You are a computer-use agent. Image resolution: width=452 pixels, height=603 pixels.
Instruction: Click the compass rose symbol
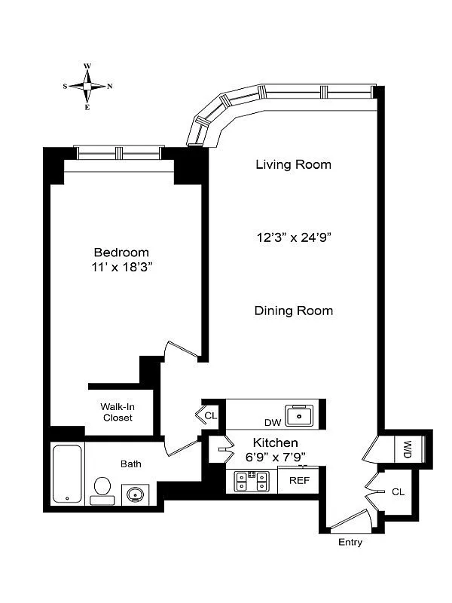coord(87,86)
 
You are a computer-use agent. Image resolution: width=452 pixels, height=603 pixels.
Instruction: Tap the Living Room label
coord(293,164)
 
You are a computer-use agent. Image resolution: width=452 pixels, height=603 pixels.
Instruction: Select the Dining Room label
coord(293,311)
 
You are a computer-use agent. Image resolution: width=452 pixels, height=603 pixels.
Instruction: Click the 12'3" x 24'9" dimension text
coord(293,237)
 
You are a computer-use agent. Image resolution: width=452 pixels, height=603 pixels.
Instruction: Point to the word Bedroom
coord(121,252)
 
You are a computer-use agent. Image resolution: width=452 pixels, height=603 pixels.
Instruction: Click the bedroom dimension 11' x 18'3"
coord(121,267)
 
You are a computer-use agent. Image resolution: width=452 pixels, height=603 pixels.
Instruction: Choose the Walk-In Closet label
coord(117,412)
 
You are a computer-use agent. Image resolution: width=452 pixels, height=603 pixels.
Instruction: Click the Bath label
coord(130,464)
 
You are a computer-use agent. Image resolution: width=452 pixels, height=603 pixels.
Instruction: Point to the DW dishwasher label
coord(272,423)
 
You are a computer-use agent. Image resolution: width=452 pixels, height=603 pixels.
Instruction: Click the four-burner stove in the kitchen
coord(252,480)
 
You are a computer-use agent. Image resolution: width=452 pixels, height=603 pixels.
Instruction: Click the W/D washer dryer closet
coord(407,449)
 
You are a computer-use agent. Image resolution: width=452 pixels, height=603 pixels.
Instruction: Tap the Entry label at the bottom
coord(350,543)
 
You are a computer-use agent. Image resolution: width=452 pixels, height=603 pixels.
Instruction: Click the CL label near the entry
coord(398,491)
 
